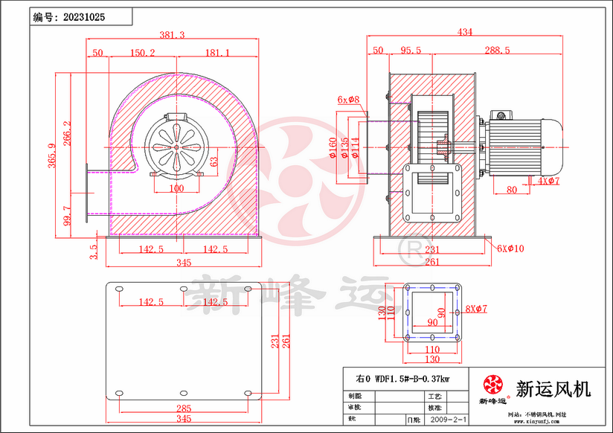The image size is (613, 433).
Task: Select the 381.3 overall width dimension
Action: [x=173, y=34]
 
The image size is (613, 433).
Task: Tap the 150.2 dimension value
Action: [x=142, y=53]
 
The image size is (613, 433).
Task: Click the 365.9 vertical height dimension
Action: [x=54, y=156]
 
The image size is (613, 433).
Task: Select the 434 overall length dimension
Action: [x=466, y=32]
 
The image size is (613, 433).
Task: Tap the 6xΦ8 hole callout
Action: [x=348, y=99]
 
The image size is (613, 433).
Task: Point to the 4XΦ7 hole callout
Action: [x=548, y=181]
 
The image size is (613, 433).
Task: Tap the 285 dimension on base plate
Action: [x=184, y=408]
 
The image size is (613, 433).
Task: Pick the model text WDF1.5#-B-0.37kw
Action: [x=411, y=379]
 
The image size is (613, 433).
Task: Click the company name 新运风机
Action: [x=553, y=388]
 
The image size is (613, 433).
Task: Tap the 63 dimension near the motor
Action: [x=213, y=161]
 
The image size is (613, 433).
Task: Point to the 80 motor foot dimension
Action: [x=512, y=190]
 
